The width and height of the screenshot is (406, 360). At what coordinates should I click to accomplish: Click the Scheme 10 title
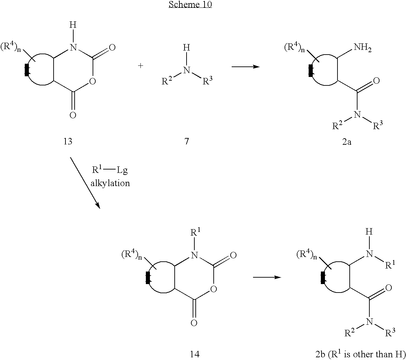pos(190,4)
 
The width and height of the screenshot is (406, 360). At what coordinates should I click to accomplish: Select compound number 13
pos(68,141)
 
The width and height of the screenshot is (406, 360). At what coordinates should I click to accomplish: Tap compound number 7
pos(187,141)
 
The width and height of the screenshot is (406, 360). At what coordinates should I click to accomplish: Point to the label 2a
pos(347,142)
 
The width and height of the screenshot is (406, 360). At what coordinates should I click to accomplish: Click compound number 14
pos(195,354)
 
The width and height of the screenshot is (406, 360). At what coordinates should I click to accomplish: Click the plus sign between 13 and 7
pos(141,66)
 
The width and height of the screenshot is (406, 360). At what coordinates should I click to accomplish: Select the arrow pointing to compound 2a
pos(246,67)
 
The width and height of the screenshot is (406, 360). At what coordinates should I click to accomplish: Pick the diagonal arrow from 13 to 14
pos(85,183)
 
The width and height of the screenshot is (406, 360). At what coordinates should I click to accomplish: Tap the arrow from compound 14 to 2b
pos(267,277)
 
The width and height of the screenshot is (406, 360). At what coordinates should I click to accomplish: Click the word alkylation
pos(110,183)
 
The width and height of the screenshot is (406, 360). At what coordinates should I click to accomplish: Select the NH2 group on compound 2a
pos(363,47)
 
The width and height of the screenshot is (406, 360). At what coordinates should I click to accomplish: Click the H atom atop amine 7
pos(187,47)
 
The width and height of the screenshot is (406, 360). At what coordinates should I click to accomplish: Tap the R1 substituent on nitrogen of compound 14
pos(195,232)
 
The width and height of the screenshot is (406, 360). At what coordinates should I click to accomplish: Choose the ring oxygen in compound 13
pos(93,81)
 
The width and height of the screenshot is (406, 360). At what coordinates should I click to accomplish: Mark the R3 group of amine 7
pos(207,81)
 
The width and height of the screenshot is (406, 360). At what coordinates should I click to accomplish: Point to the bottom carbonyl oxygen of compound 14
pos(194,323)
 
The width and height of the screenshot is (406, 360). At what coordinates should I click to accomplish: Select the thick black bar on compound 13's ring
pos(26,70)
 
